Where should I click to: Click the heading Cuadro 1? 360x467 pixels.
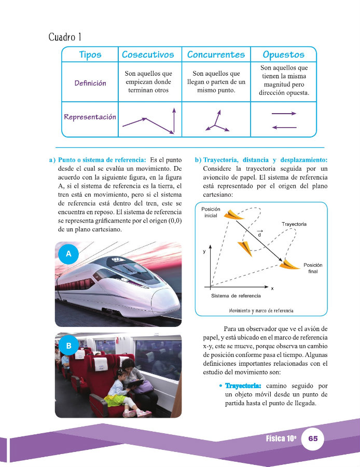(x=65, y=37)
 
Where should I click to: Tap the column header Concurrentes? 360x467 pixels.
(x=216, y=54)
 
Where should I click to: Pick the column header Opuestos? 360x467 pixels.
(x=283, y=54)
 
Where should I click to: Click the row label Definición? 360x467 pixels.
(x=90, y=83)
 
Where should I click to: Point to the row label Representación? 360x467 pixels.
(x=90, y=117)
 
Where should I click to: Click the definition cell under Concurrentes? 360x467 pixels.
(x=216, y=83)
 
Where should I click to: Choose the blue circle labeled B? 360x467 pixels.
(x=68, y=345)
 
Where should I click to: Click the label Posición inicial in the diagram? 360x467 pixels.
(x=211, y=212)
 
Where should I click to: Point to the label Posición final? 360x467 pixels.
(x=313, y=268)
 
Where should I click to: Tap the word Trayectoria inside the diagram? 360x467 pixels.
(x=294, y=224)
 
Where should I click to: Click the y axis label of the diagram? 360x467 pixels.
(x=204, y=251)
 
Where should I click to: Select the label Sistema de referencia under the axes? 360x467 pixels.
(x=236, y=296)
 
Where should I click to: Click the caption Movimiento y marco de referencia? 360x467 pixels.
(x=261, y=310)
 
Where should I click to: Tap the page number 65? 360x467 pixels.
(x=313, y=438)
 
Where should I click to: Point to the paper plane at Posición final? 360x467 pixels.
(x=288, y=265)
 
